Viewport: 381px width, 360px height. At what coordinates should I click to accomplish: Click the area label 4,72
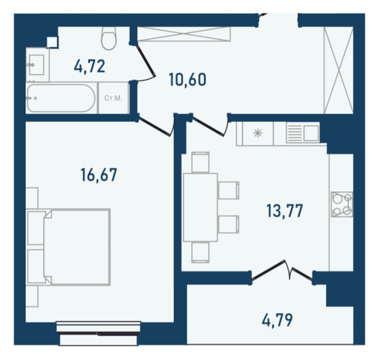(x=90, y=66)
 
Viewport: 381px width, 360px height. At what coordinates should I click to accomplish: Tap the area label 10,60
(x=188, y=80)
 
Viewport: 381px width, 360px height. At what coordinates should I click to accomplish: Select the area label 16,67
(x=98, y=175)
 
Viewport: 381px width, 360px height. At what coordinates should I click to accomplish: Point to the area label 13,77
(x=284, y=210)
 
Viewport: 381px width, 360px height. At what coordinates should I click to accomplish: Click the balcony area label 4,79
(x=277, y=320)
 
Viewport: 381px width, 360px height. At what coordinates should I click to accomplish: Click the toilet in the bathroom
(x=108, y=38)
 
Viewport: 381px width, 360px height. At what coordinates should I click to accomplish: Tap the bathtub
(x=61, y=98)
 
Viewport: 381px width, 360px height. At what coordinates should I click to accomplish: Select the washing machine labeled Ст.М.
(x=113, y=98)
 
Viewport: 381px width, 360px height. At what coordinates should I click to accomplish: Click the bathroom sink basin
(x=36, y=64)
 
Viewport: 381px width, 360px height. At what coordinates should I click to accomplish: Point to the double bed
(x=69, y=247)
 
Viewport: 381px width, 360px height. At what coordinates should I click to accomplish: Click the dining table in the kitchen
(x=200, y=208)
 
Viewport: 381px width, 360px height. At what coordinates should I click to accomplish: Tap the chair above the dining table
(x=200, y=162)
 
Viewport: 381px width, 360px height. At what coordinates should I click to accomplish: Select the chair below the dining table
(x=200, y=253)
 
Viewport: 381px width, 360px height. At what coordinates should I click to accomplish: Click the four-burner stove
(x=342, y=204)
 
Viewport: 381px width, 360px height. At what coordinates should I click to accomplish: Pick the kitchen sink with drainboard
(x=303, y=133)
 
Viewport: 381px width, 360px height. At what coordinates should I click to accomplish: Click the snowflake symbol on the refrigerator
(x=258, y=133)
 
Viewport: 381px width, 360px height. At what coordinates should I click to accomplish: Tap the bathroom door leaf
(x=145, y=60)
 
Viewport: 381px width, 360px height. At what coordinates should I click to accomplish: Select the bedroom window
(x=98, y=333)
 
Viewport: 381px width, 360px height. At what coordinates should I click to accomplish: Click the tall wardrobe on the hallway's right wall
(x=338, y=70)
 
